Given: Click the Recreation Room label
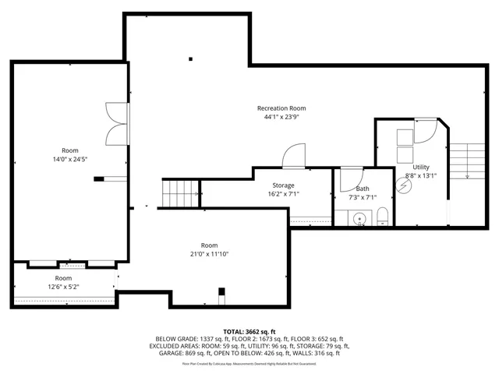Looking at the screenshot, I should [281, 108].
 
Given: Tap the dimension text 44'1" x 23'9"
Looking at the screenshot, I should [281, 118].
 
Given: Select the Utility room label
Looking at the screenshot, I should [421, 167].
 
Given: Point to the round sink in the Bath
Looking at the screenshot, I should [359, 219].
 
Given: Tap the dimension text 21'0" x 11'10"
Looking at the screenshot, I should [209, 254].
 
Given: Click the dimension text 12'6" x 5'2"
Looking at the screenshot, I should [62, 287].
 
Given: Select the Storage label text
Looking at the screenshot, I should [283, 185].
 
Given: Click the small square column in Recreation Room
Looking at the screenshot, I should [190, 57].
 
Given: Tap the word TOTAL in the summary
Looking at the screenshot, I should [236, 331].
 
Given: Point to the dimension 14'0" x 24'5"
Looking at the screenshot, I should [70, 159].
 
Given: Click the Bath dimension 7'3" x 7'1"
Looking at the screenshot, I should [363, 197].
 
